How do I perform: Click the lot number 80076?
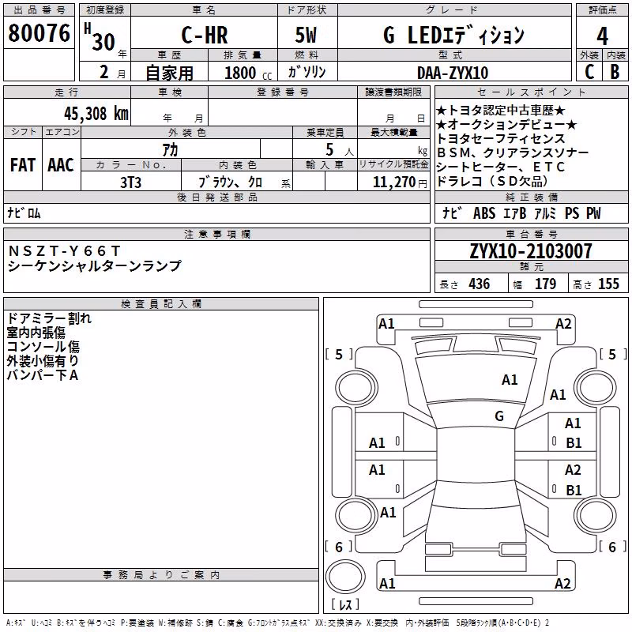[x=39, y=33]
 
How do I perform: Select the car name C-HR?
[x=205, y=35]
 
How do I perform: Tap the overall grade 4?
[x=602, y=36]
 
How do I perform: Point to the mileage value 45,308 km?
[x=96, y=114]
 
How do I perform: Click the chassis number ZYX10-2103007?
[x=531, y=251]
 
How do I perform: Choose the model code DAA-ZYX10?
[x=453, y=73]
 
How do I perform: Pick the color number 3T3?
[x=130, y=182]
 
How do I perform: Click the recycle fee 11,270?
[x=393, y=182]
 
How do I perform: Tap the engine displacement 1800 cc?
[x=248, y=73]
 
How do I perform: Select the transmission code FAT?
[x=23, y=165]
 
